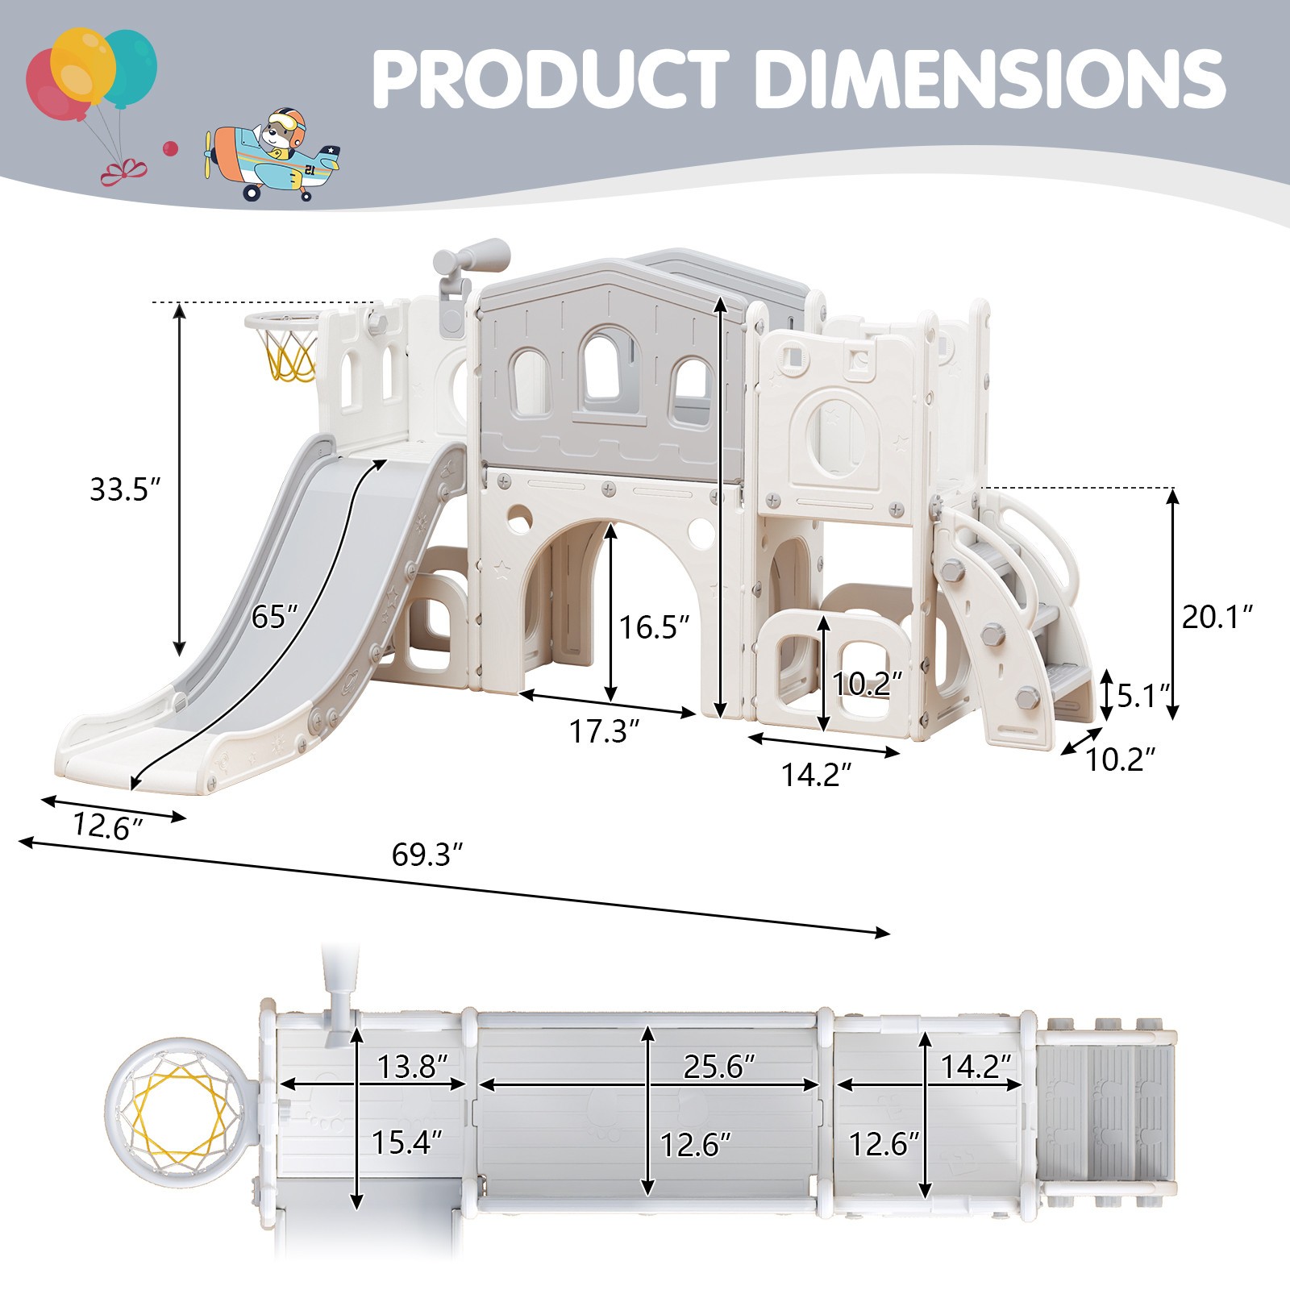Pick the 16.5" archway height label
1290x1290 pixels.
655,626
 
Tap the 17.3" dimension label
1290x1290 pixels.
605,731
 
